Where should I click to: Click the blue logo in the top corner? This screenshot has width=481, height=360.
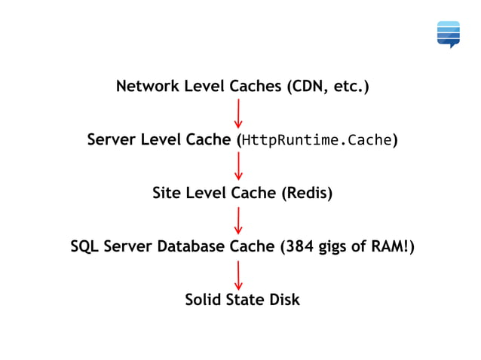point(449,34)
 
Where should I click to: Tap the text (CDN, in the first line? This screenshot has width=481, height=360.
point(308,87)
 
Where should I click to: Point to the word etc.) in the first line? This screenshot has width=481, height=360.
point(351,87)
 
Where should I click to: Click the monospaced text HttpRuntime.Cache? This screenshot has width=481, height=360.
point(317,140)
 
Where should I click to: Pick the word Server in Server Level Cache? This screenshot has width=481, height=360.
point(111,140)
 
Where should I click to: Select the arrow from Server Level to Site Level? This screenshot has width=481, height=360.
point(238,166)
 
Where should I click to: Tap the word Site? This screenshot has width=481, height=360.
point(167,193)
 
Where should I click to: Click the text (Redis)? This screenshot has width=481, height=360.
point(307,193)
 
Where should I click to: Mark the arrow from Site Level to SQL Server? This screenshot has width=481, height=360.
point(238,220)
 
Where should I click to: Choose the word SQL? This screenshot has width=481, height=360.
point(84,246)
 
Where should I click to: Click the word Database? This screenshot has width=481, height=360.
point(191,246)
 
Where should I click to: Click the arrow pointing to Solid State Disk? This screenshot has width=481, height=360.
point(238,274)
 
